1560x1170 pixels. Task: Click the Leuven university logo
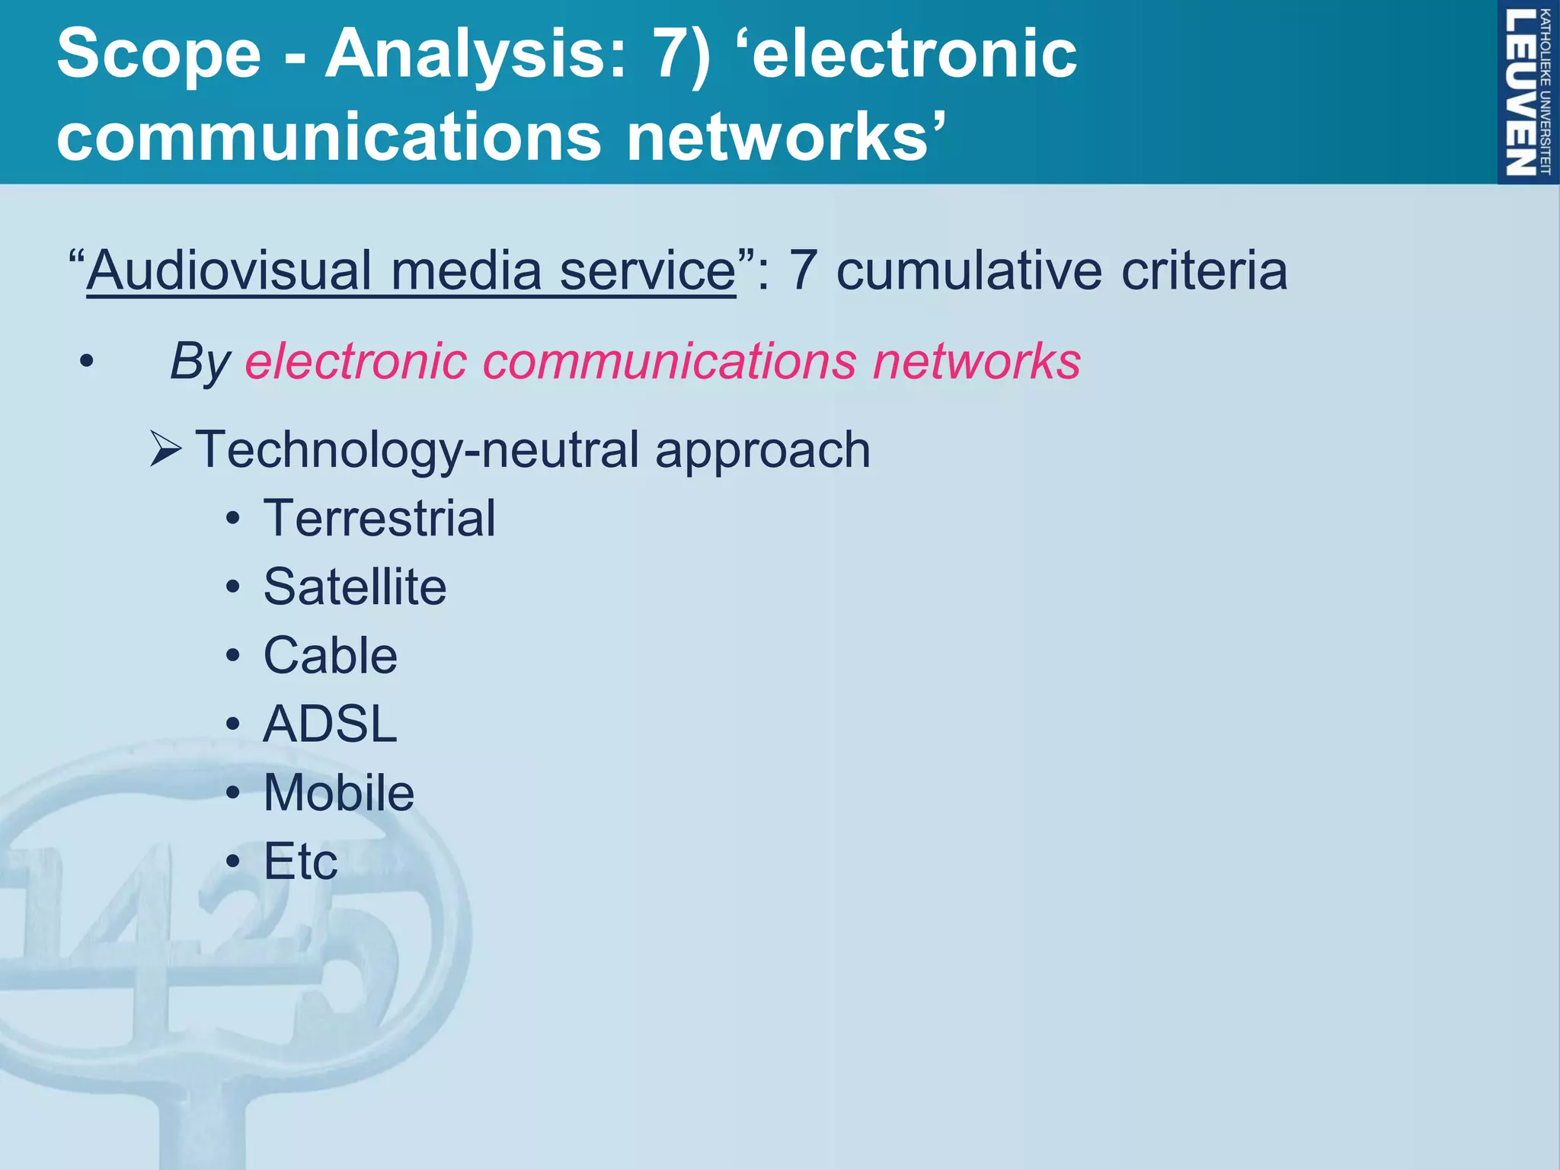click(x=1527, y=91)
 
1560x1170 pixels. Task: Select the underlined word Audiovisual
click(x=229, y=270)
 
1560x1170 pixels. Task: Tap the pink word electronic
click(x=356, y=361)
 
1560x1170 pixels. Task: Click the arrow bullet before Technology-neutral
click(x=165, y=449)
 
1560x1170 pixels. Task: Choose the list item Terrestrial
click(x=379, y=519)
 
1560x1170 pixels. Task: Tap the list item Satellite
click(x=355, y=587)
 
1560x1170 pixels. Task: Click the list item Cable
click(x=330, y=656)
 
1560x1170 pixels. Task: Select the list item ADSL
click(x=330, y=724)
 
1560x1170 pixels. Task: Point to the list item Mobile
click(x=339, y=793)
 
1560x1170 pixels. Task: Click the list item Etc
click(x=300, y=862)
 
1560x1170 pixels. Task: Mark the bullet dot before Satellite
click(x=233, y=588)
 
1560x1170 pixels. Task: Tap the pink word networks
click(x=977, y=361)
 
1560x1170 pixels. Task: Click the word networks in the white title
click(x=785, y=137)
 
